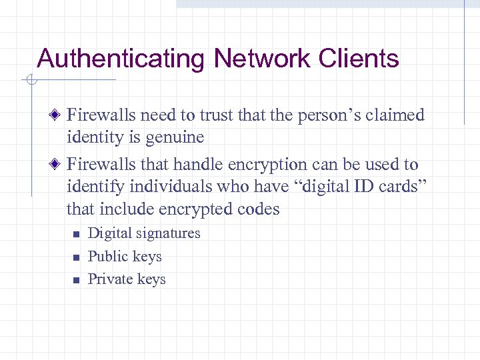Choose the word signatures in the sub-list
[167, 233]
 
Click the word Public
[107, 256]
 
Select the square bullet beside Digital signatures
[76, 234]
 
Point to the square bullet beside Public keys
[76, 257]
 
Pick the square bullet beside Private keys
[76, 280]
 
